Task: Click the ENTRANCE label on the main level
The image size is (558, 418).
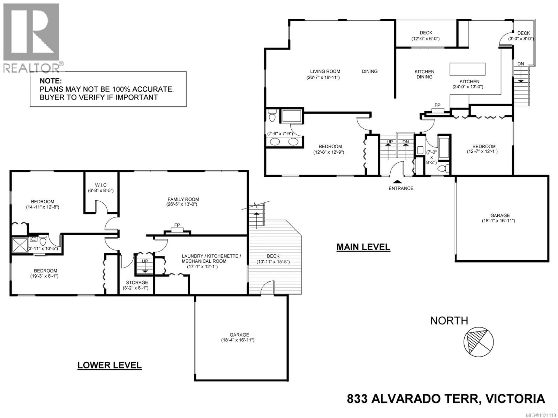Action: (401, 188)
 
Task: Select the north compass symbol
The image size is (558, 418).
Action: (479, 342)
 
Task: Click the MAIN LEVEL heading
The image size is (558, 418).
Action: (363, 247)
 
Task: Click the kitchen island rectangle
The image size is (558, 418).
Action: (467, 69)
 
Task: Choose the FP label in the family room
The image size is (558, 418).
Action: (177, 225)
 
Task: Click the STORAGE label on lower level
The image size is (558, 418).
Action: (137, 282)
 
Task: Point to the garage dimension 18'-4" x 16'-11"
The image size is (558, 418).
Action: (237, 340)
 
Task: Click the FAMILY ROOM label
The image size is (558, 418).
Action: (183, 199)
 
